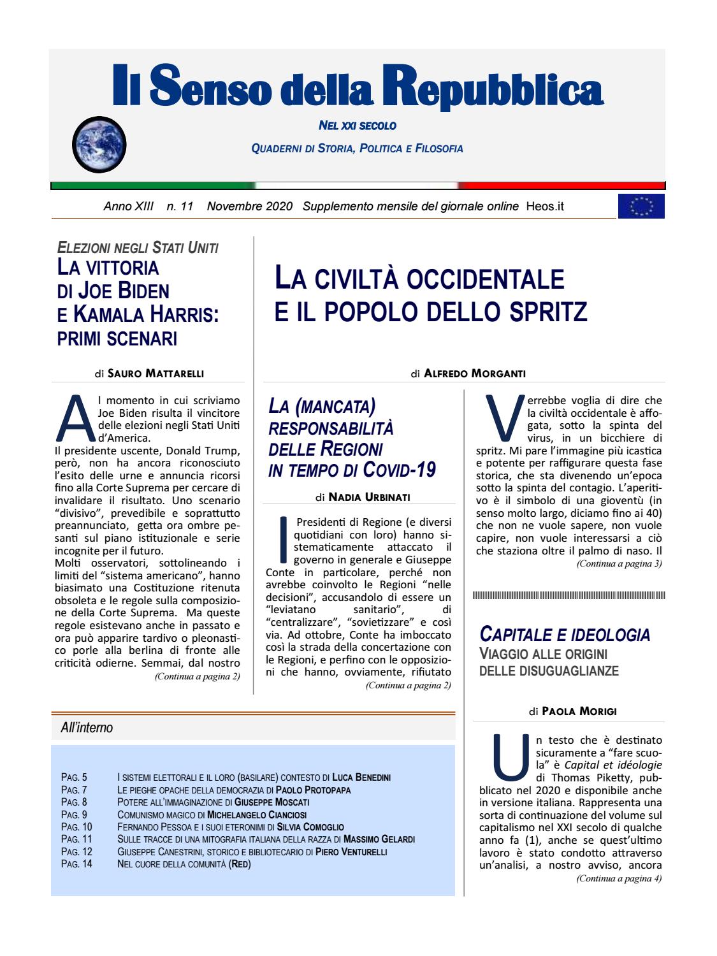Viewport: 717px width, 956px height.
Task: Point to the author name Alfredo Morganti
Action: click(x=475, y=374)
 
